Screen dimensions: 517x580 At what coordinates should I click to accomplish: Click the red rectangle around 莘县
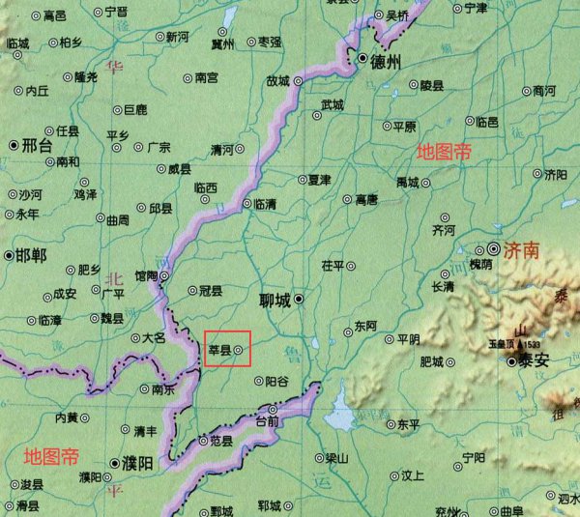pyautogui.click(x=227, y=348)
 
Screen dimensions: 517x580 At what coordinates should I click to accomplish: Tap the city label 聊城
pyautogui.click(x=275, y=300)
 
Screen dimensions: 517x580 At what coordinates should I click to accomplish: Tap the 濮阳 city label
pyautogui.click(x=136, y=465)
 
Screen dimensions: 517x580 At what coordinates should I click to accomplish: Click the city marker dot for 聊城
pyautogui.click(x=300, y=300)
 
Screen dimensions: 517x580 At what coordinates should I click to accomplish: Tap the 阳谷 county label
pyautogui.click(x=277, y=381)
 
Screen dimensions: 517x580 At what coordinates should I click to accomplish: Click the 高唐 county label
pyautogui.click(x=366, y=200)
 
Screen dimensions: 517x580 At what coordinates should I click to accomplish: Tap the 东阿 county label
pyautogui.click(x=365, y=326)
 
